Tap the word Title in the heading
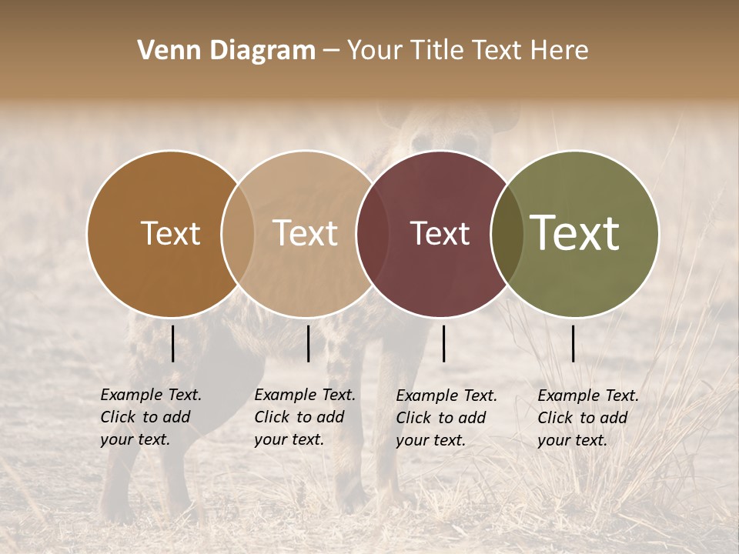(436, 51)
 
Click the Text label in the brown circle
(170, 233)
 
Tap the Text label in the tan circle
(306, 233)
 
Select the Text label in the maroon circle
(440, 233)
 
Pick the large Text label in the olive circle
(574, 233)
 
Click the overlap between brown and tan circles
(238, 233)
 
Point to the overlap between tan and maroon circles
(370, 233)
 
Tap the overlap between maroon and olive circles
(507, 233)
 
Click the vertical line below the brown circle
(172, 343)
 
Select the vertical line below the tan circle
(308, 343)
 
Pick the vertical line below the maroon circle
(443, 343)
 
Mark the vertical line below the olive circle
(573, 343)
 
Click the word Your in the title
(374, 51)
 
